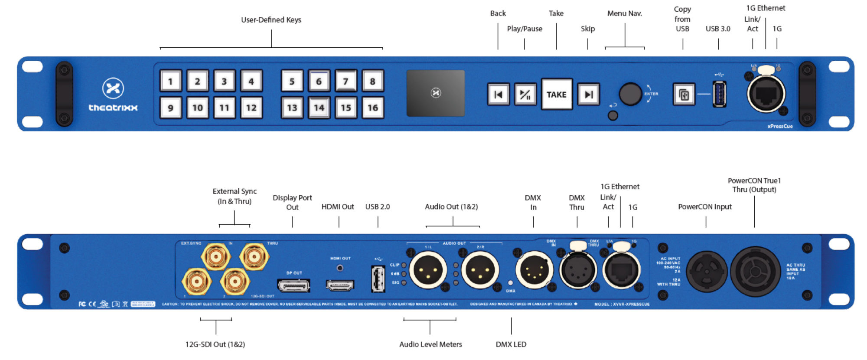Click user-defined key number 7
[345, 81]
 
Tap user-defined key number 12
[251, 108]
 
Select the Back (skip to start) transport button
[498, 94]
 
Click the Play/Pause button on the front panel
[525, 94]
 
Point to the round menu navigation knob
[630, 94]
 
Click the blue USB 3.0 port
[719, 94]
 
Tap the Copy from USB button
[684, 94]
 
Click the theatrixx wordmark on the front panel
[113, 108]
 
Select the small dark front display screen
[435, 93]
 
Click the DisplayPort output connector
[293, 285]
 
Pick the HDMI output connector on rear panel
[340, 285]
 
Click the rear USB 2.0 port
[378, 278]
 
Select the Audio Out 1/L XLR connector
[428, 270]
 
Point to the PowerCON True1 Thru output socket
[755, 272]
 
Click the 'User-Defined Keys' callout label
[271, 20]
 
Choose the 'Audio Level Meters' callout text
[430, 344]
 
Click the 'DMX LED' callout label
[511, 344]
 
